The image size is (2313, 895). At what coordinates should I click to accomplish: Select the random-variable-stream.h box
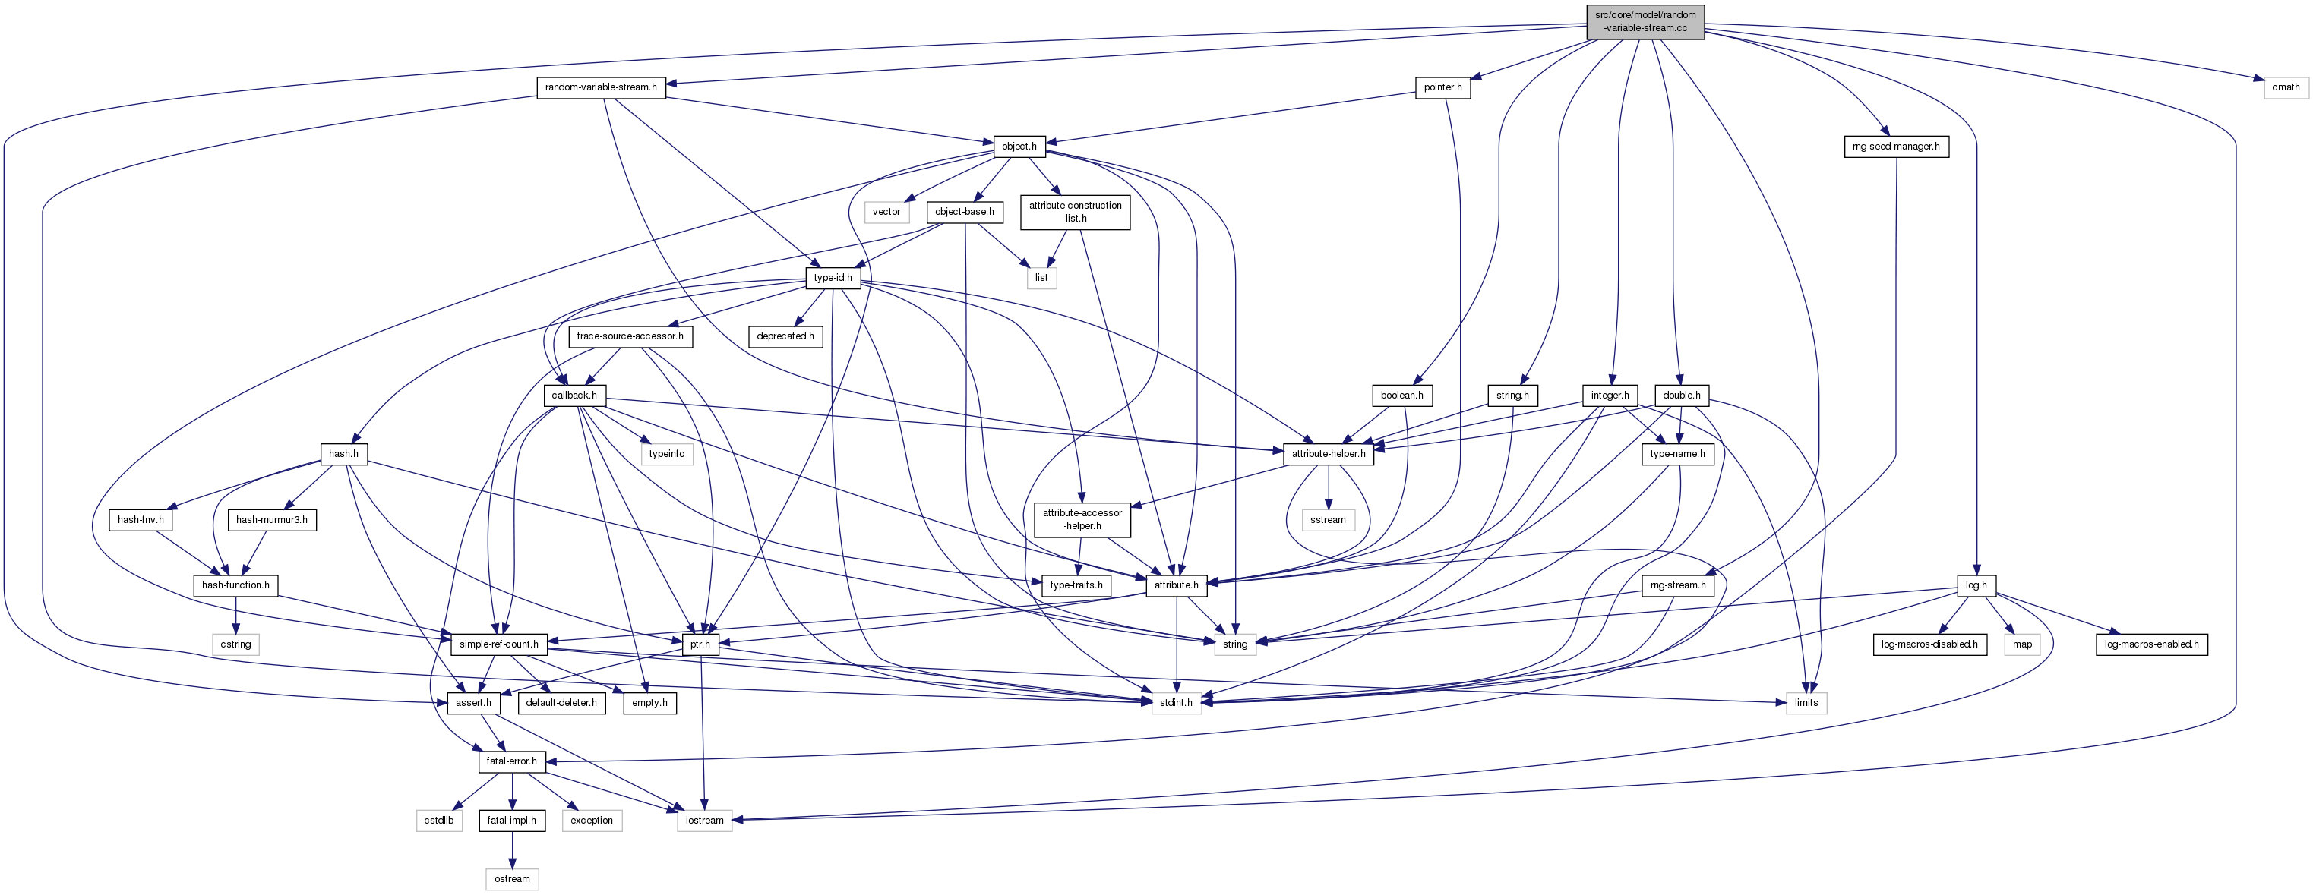click(x=601, y=88)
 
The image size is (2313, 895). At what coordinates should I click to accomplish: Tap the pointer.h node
click(x=1443, y=88)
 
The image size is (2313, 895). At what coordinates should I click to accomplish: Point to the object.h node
click(x=1019, y=147)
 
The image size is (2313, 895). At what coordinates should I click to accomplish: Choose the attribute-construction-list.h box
click(x=1075, y=212)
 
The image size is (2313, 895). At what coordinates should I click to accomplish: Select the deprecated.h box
click(x=785, y=336)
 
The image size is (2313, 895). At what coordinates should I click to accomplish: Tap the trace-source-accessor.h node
click(x=630, y=336)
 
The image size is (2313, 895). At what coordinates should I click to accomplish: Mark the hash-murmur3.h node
click(x=271, y=520)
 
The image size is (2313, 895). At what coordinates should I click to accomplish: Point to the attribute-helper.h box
click(x=1328, y=454)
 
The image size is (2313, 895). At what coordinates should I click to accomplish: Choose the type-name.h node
click(x=1677, y=454)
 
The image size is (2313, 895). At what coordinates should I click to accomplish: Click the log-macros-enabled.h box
click(x=2151, y=644)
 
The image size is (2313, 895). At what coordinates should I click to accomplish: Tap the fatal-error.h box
click(x=511, y=762)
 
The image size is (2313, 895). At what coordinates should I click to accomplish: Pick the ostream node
click(x=512, y=880)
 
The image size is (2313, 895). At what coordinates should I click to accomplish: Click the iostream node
click(x=705, y=821)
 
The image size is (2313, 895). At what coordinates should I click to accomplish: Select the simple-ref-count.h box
click(x=498, y=644)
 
